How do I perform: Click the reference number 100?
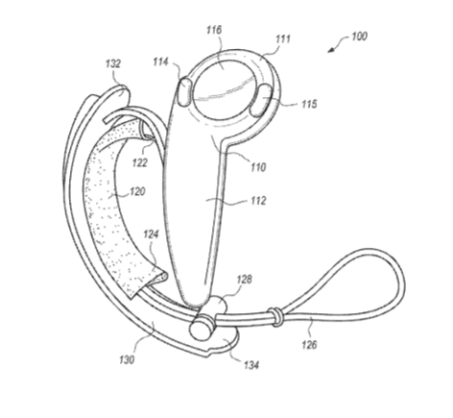pos(359,37)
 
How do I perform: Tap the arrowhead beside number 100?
pos(331,50)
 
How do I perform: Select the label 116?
pos(214,30)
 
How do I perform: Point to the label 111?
pos(283,39)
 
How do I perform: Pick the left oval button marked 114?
pos(184,92)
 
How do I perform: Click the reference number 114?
pos(161,61)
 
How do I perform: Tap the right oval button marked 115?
pos(261,100)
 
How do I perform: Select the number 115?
pos(309,104)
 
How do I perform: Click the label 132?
pos(113,63)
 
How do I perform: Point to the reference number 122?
pos(140,162)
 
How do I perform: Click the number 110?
pos(258,167)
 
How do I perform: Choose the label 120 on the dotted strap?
pos(137,191)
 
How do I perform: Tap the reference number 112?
pos(258,201)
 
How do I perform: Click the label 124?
pos(151,234)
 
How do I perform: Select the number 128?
pos(244,280)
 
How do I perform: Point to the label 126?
pos(309,345)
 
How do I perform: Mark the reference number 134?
pos(251,365)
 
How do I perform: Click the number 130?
pos(127,359)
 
